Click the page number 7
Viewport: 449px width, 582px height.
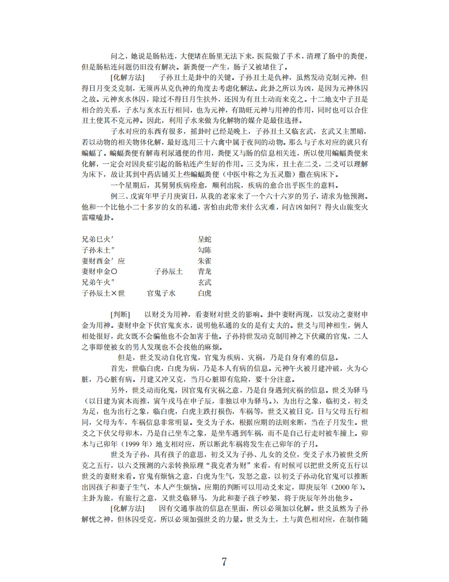click(x=224, y=561)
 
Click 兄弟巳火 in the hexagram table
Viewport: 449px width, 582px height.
click(x=97, y=239)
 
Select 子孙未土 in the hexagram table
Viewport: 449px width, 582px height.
click(x=97, y=250)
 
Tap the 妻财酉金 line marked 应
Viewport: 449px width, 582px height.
click(x=103, y=261)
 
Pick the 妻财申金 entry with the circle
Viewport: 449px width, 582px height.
click(x=100, y=272)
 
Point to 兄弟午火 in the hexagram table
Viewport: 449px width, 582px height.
click(x=97, y=283)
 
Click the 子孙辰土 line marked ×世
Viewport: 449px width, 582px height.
click(x=103, y=294)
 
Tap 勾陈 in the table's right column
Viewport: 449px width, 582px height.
click(x=205, y=250)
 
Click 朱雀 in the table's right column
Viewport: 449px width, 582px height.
click(x=205, y=261)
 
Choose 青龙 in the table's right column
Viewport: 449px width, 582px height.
click(x=205, y=272)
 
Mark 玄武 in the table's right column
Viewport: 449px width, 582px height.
click(x=205, y=283)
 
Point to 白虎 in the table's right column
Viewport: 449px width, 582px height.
click(x=205, y=294)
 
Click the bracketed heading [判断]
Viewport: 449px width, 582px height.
click(x=120, y=315)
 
